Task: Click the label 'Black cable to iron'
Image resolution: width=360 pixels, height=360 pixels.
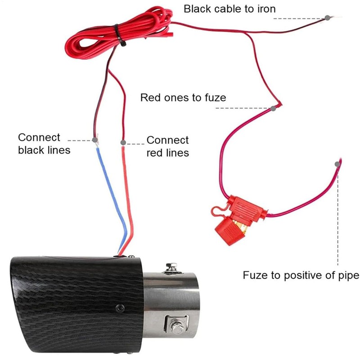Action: pos(229,9)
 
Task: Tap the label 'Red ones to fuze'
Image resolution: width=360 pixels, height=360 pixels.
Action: pos(183,97)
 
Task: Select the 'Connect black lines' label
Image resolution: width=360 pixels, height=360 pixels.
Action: pos(44,144)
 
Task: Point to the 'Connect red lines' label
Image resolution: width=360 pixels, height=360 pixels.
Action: pos(167,147)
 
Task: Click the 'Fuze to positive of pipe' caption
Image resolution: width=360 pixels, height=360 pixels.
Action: pos(301,275)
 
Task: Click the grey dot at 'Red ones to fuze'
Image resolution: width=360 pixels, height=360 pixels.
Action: pos(273,108)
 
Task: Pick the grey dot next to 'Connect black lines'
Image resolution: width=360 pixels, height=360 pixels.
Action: pos(94,140)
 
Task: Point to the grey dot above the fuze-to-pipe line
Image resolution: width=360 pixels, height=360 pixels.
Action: pos(337,165)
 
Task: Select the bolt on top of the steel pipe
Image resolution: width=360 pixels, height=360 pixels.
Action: pos(171,267)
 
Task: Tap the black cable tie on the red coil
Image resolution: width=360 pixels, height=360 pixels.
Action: pos(117,33)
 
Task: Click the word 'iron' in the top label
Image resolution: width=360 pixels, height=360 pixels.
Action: pos(265,9)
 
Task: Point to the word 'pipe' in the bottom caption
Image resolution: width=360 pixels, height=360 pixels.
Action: pos(349,275)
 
